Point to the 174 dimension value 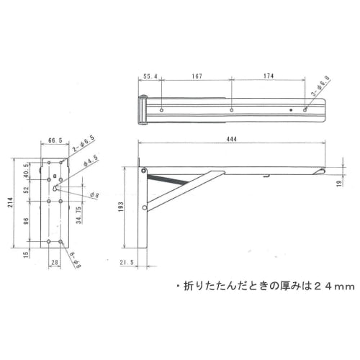click(270, 75)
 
